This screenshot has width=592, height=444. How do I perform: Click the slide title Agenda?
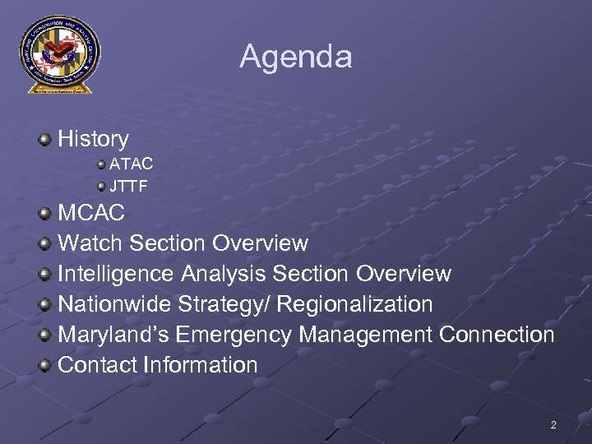(296, 57)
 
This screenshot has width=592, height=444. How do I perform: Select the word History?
(93, 140)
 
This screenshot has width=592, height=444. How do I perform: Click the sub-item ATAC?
(132, 164)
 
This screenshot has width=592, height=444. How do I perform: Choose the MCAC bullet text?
(91, 213)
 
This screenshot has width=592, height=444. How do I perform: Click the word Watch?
(90, 243)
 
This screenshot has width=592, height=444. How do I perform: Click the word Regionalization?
(354, 304)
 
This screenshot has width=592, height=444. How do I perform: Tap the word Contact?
(98, 365)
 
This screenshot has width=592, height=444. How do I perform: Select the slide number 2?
(553, 425)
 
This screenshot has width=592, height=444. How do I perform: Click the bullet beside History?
(45, 139)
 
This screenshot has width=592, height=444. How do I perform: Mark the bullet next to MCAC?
(45, 213)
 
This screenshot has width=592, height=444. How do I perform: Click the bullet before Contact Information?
(45, 364)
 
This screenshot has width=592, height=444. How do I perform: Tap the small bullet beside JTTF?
(101, 186)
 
